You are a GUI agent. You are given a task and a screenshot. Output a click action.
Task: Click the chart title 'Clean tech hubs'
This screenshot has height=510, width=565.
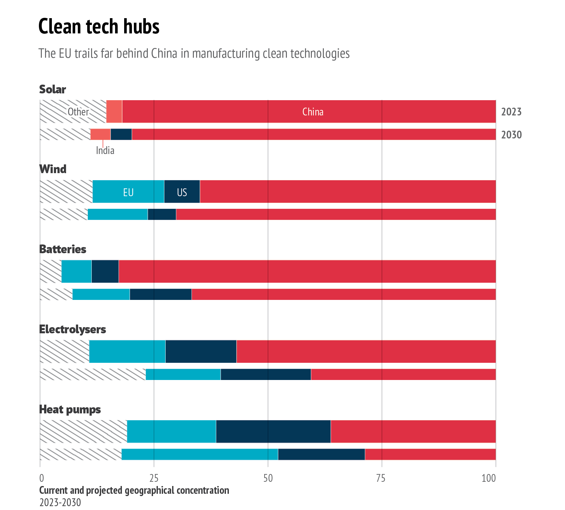(99, 27)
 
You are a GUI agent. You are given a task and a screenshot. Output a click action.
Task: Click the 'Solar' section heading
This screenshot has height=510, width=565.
(53, 89)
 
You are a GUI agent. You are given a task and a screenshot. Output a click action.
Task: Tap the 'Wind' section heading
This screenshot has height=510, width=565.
(53, 169)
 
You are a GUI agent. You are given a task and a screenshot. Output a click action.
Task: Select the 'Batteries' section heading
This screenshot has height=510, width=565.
(63, 249)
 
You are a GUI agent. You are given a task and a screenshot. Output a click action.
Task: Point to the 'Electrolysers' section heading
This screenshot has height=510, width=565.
(73, 329)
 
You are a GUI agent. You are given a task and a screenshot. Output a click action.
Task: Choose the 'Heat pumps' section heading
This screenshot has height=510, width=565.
(70, 409)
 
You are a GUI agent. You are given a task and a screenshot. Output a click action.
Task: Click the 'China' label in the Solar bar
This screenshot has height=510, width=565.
(313, 112)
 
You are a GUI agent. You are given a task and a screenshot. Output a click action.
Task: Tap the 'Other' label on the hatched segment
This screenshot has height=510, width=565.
(78, 112)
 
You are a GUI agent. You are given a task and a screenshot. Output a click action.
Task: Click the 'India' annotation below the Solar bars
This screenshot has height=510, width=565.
(105, 150)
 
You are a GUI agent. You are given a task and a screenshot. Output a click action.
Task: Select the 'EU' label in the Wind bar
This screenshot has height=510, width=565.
(128, 192)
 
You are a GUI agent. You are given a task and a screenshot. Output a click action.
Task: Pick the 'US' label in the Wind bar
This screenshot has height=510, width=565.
(182, 192)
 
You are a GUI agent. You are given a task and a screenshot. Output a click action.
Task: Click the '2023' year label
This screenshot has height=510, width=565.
(511, 112)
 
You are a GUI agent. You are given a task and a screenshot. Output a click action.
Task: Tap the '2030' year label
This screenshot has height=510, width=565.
(511, 135)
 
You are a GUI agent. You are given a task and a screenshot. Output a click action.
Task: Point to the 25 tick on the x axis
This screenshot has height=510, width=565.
(154, 478)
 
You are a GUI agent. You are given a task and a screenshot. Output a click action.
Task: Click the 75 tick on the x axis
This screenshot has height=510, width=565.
(382, 478)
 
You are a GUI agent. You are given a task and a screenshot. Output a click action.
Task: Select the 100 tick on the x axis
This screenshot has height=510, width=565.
(488, 478)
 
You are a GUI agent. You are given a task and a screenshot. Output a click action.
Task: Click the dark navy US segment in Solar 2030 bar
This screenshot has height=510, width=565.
(121, 134)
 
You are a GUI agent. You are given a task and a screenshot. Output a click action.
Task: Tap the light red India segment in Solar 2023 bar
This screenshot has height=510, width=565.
(114, 112)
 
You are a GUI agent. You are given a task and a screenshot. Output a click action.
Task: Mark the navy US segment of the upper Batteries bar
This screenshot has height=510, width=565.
(105, 271)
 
